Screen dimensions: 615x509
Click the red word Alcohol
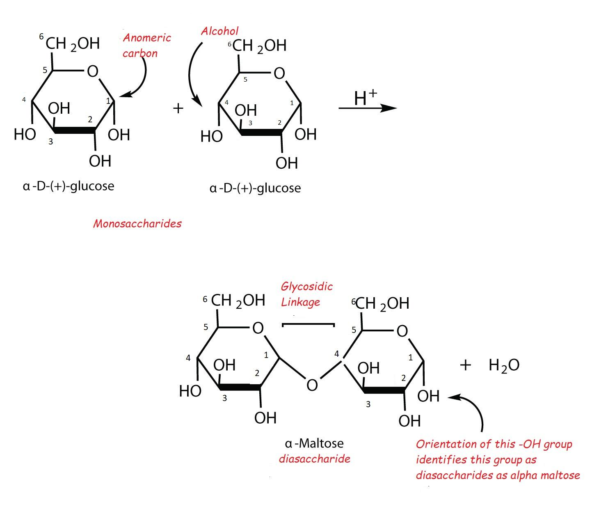219,31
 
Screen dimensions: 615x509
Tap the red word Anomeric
147,38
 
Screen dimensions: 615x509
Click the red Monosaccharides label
137,224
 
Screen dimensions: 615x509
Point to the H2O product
504,365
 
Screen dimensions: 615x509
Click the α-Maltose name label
314,443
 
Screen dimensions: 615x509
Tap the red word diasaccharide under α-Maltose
315,459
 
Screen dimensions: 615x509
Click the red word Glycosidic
306,287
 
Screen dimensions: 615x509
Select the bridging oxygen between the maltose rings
312,385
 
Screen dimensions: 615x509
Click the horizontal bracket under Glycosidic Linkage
308,324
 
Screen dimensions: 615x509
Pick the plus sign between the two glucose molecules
178,108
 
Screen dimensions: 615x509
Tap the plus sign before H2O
465,365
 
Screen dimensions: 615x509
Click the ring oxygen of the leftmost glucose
92,71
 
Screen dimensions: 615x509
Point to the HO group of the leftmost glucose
25,134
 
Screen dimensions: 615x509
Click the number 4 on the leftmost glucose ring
24,100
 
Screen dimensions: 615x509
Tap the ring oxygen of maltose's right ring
402,331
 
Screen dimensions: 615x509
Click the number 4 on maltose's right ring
337,354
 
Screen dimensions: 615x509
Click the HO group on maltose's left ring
190,391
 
